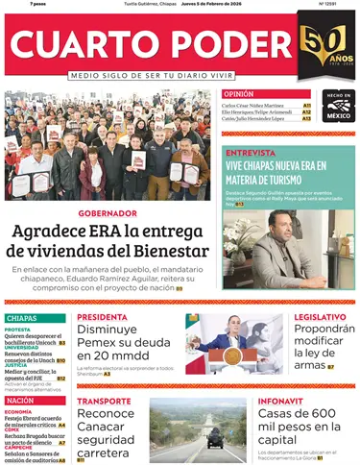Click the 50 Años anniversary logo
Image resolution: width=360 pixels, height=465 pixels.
pos(324,50)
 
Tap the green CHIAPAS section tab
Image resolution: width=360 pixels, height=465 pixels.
pos(23,318)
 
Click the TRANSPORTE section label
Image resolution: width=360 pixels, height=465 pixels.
pos(104,401)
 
